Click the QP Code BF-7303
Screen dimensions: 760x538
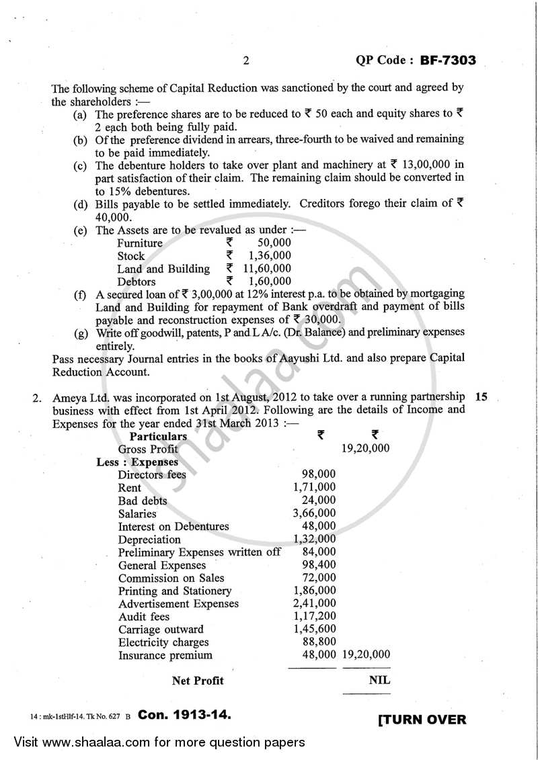415,60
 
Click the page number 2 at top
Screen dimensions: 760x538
246,61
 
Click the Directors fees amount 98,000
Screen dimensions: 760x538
319,474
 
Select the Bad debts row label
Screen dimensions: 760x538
143,501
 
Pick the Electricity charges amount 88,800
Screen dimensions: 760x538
319,642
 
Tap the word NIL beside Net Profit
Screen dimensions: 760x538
379,680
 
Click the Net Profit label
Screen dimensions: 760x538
198,681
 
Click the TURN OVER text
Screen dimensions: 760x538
422,719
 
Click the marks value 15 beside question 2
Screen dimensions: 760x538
481,396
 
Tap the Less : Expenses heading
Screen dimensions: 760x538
137,462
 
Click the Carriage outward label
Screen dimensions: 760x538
161,630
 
